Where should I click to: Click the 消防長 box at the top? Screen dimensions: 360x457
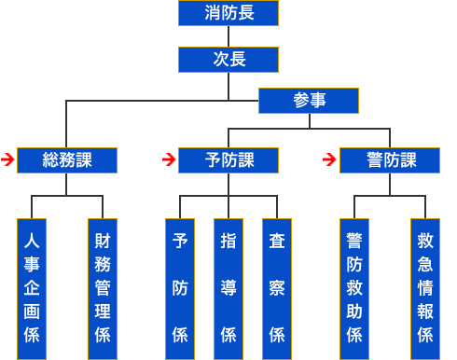[228, 13]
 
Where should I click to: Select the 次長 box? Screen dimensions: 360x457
[228, 60]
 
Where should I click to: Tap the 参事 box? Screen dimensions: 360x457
[309, 100]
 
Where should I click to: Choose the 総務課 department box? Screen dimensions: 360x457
[67, 159]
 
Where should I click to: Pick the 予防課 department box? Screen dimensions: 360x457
[228, 159]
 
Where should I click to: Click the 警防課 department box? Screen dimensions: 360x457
[390, 159]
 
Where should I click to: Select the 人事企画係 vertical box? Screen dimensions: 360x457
[32, 288]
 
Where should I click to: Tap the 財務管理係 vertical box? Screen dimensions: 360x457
[102, 288]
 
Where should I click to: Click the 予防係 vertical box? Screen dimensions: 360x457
[179, 288]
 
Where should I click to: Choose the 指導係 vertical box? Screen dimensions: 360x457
[228, 288]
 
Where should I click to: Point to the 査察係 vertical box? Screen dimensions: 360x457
[277, 288]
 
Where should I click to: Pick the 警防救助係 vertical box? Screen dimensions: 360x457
[354, 288]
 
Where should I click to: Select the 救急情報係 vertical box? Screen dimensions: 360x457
[424, 288]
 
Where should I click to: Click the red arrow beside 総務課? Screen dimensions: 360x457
[7, 159]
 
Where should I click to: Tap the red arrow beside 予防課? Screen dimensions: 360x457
[169, 159]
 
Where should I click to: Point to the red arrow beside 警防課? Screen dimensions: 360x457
[329, 159]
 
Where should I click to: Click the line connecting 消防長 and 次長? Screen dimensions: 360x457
[228, 36]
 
